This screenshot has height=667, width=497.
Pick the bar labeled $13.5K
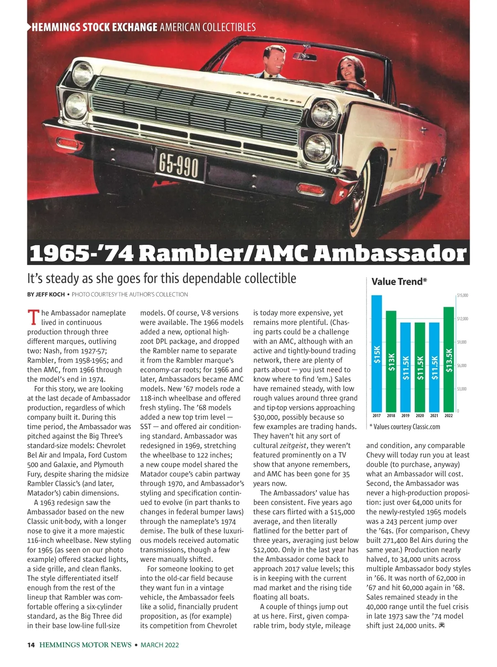(449, 359)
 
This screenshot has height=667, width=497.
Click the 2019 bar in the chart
(405, 366)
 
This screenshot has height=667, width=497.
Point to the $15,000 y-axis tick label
(462, 295)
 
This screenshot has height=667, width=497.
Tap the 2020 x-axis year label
(420, 416)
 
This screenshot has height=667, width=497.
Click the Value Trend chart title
(399, 282)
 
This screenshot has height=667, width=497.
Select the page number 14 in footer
(31, 645)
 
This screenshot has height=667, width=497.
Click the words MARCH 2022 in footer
(160, 645)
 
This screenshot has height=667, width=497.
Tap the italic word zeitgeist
(294, 445)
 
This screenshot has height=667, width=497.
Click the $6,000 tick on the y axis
(462, 366)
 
